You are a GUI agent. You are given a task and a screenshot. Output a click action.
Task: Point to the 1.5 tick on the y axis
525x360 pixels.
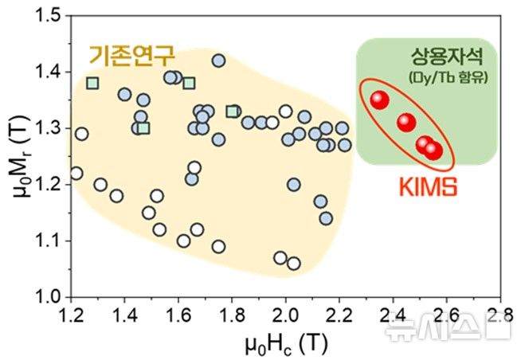47,15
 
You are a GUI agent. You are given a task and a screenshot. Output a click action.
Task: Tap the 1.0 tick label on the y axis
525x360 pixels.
47,297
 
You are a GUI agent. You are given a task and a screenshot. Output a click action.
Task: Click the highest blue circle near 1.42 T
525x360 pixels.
218,61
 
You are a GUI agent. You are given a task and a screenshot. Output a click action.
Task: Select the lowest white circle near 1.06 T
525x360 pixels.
294,264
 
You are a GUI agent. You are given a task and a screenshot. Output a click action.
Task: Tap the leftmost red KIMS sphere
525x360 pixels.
379,100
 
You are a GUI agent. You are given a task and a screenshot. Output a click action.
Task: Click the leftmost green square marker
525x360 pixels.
92,83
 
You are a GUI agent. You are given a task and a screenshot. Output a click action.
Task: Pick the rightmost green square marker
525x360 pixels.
232,112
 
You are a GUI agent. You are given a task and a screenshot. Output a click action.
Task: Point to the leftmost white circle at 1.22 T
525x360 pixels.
76,173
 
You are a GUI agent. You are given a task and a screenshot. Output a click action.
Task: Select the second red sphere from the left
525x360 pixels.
406,122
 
